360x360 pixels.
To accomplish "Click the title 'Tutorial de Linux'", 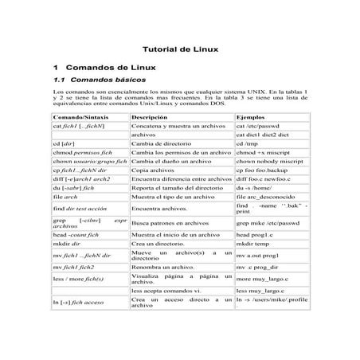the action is click(180, 49).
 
